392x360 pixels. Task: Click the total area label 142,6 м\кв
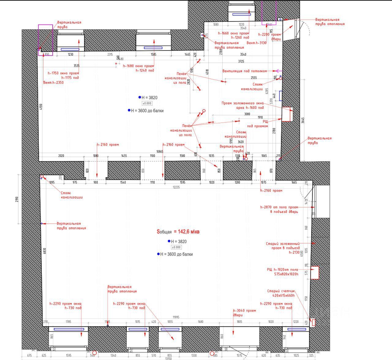[178, 232]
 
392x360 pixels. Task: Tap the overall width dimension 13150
[168, 358]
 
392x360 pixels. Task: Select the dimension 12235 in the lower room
[176, 187]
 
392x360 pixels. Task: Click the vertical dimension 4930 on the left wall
[41, 106]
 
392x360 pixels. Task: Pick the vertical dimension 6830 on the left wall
[45, 251]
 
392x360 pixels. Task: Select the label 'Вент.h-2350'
[53, 83]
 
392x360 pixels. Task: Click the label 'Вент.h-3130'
[256, 43]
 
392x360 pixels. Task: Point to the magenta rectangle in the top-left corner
[45, 40]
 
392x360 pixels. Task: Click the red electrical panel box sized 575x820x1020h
[315, 273]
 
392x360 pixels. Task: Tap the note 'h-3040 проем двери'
[244, 313]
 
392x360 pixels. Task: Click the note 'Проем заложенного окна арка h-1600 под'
[243, 105]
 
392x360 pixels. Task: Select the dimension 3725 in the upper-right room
[241, 61]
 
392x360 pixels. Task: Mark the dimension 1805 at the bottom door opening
[239, 322]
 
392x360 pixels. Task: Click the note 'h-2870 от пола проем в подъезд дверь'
[279, 209]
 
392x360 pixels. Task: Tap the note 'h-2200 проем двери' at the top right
[269, 37]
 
